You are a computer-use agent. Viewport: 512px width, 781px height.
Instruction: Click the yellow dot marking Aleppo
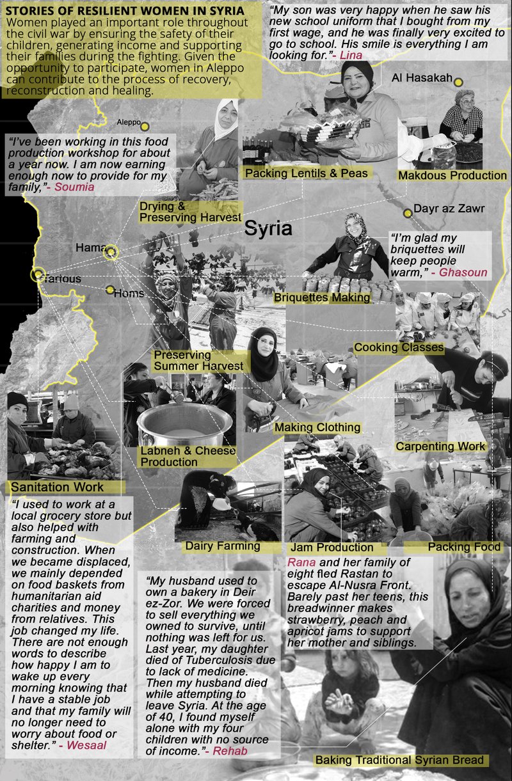(x=145, y=126)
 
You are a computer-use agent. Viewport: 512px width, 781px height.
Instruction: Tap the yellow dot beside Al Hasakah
(x=459, y=81)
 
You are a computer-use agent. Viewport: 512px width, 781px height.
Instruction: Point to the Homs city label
(x=129, y=294)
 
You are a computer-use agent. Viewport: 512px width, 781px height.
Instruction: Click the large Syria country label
(x=268, y=228)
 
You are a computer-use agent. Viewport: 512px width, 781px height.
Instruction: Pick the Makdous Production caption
(x=452, y=175)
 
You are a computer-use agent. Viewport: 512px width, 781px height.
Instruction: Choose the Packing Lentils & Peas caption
(x=307, y=173)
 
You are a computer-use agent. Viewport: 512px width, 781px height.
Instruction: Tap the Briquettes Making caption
(x=322, y=297)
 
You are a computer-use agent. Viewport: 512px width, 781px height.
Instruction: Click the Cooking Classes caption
(x=399, y=347)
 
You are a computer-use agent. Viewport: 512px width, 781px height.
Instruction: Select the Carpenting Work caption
(x=441, y=446)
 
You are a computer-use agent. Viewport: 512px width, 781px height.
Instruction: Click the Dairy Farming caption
(x=222, y=546)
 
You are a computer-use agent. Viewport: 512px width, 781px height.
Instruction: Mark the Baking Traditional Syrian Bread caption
(x=399, y=760)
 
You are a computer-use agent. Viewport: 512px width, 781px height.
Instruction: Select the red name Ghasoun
(x=463, y=272)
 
